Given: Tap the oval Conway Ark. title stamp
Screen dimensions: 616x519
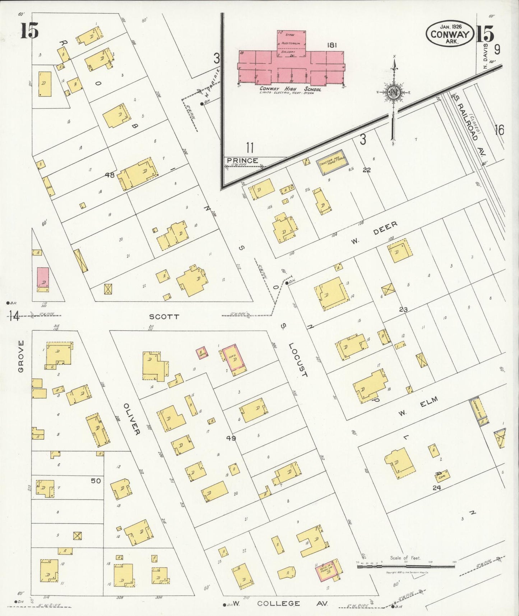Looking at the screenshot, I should (450, 33).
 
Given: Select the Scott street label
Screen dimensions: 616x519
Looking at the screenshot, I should (164, 317).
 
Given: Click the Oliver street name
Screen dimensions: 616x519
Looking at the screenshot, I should (131, 419).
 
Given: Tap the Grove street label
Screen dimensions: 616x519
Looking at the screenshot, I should (21, 356).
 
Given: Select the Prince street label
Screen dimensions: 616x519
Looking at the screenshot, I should (242, 161).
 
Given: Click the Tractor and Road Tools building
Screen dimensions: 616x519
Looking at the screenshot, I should (333, 163).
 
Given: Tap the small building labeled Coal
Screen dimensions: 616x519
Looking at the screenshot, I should (442, 476).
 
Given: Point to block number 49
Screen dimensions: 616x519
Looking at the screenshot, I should (231, 438).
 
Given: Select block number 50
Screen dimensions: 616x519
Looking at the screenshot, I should (96, 481).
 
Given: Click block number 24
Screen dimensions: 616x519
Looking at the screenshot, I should (437, 488).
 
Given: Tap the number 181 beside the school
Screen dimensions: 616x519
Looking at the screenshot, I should (332, 45).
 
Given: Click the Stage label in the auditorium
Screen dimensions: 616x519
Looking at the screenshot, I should (290, 35).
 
